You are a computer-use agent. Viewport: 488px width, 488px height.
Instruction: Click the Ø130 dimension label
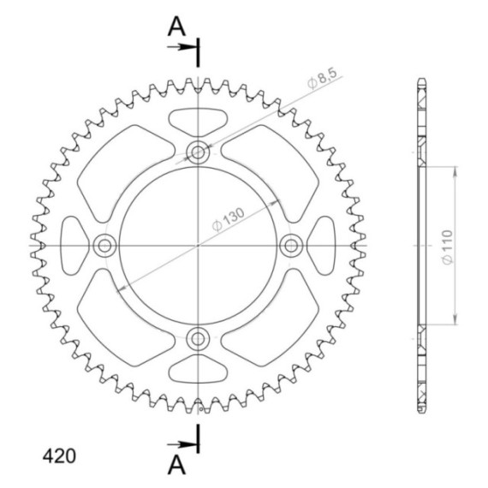[x=229, y=219]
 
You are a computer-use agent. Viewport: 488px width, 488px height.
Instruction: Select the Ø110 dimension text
[x=447, y=247]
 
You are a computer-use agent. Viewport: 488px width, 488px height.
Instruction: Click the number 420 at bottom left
[x=59, y=456]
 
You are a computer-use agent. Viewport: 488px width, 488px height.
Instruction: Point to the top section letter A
[x=176, y=27]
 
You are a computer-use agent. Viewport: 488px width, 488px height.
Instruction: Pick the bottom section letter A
[x=176, y=465]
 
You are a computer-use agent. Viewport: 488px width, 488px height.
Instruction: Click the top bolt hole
[x=198, y=152]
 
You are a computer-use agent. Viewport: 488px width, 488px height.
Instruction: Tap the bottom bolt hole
[x=198, y=339]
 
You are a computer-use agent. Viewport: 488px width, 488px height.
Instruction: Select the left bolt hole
[x=104, y=246]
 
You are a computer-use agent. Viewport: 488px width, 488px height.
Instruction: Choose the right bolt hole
[x=291, y=246]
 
